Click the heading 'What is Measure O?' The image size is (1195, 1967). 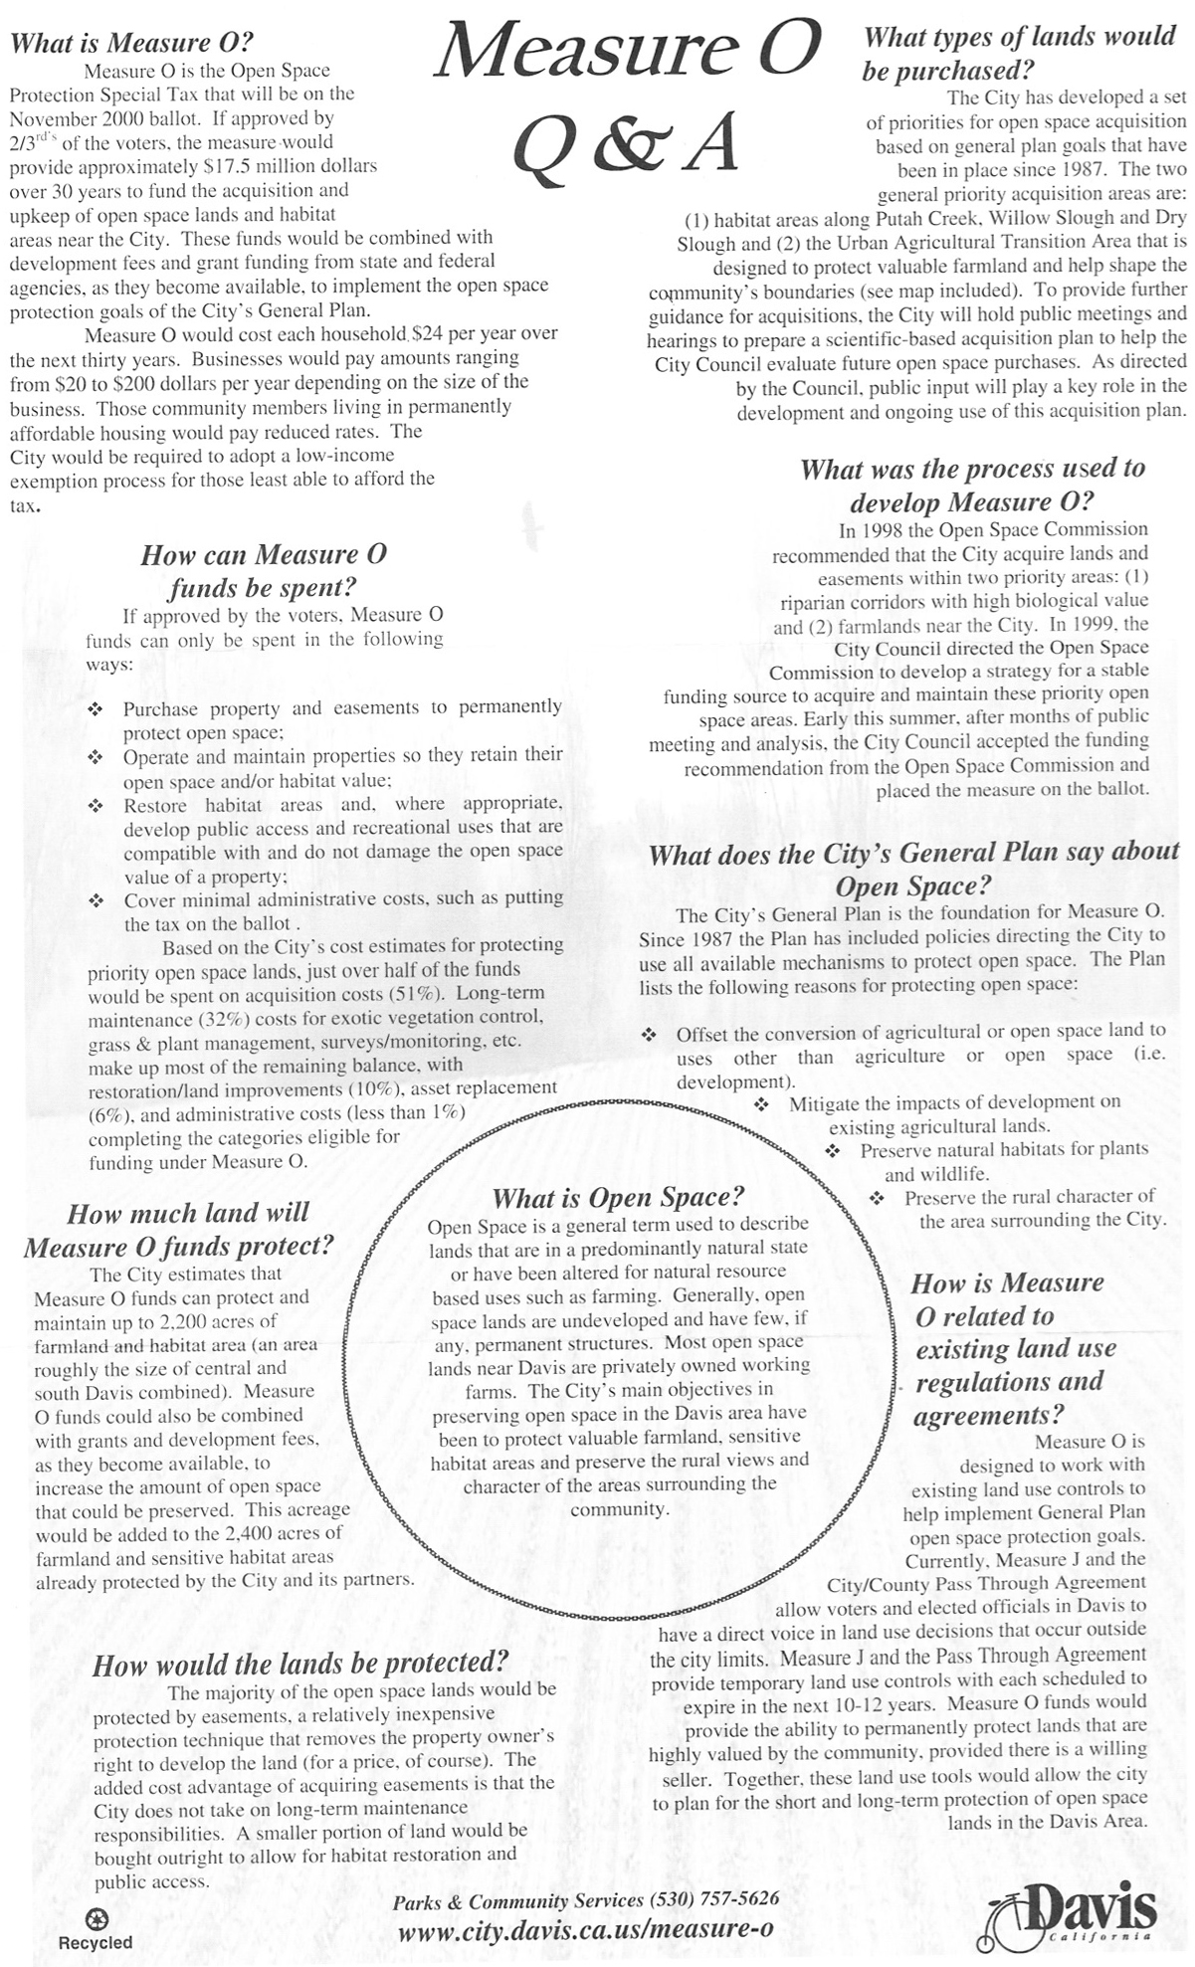pos(131,43)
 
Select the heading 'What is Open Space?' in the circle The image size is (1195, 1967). pos(618,1197)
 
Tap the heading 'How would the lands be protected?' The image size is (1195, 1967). pos(300,1664)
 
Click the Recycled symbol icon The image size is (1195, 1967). pos(98,1918)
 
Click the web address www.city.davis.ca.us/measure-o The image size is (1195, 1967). pos(585,1931)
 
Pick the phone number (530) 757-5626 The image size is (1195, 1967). pos(713,1898)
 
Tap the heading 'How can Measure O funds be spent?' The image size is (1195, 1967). pos(264,570)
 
